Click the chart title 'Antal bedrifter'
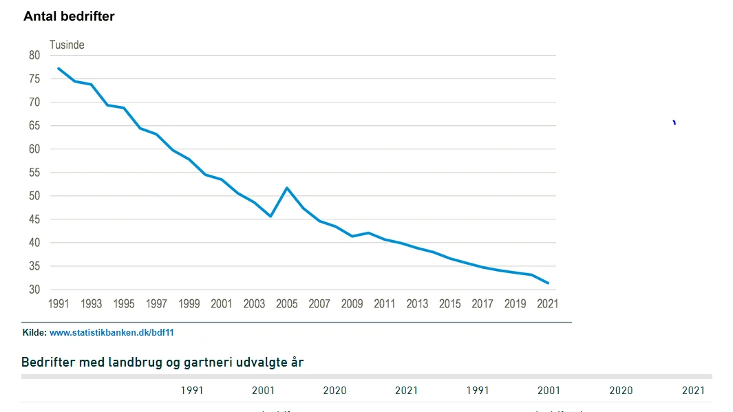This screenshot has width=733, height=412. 69,17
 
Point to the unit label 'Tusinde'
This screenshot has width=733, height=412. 67,45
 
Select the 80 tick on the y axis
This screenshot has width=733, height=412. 35,56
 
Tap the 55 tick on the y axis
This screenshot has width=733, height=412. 35,173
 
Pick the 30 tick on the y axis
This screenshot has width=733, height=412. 35,290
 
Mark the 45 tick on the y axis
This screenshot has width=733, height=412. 35,219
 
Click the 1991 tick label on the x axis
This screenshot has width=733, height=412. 59,303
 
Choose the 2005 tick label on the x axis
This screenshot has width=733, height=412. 286,303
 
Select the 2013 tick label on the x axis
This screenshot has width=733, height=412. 417,303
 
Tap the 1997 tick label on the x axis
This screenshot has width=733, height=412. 156,303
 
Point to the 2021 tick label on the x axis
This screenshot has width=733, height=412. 547,303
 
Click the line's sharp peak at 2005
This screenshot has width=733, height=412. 286,188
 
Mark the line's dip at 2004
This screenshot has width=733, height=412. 270,216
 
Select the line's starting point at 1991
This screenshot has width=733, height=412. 59,68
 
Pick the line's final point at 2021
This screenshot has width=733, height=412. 548,283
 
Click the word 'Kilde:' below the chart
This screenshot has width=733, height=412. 34,332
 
